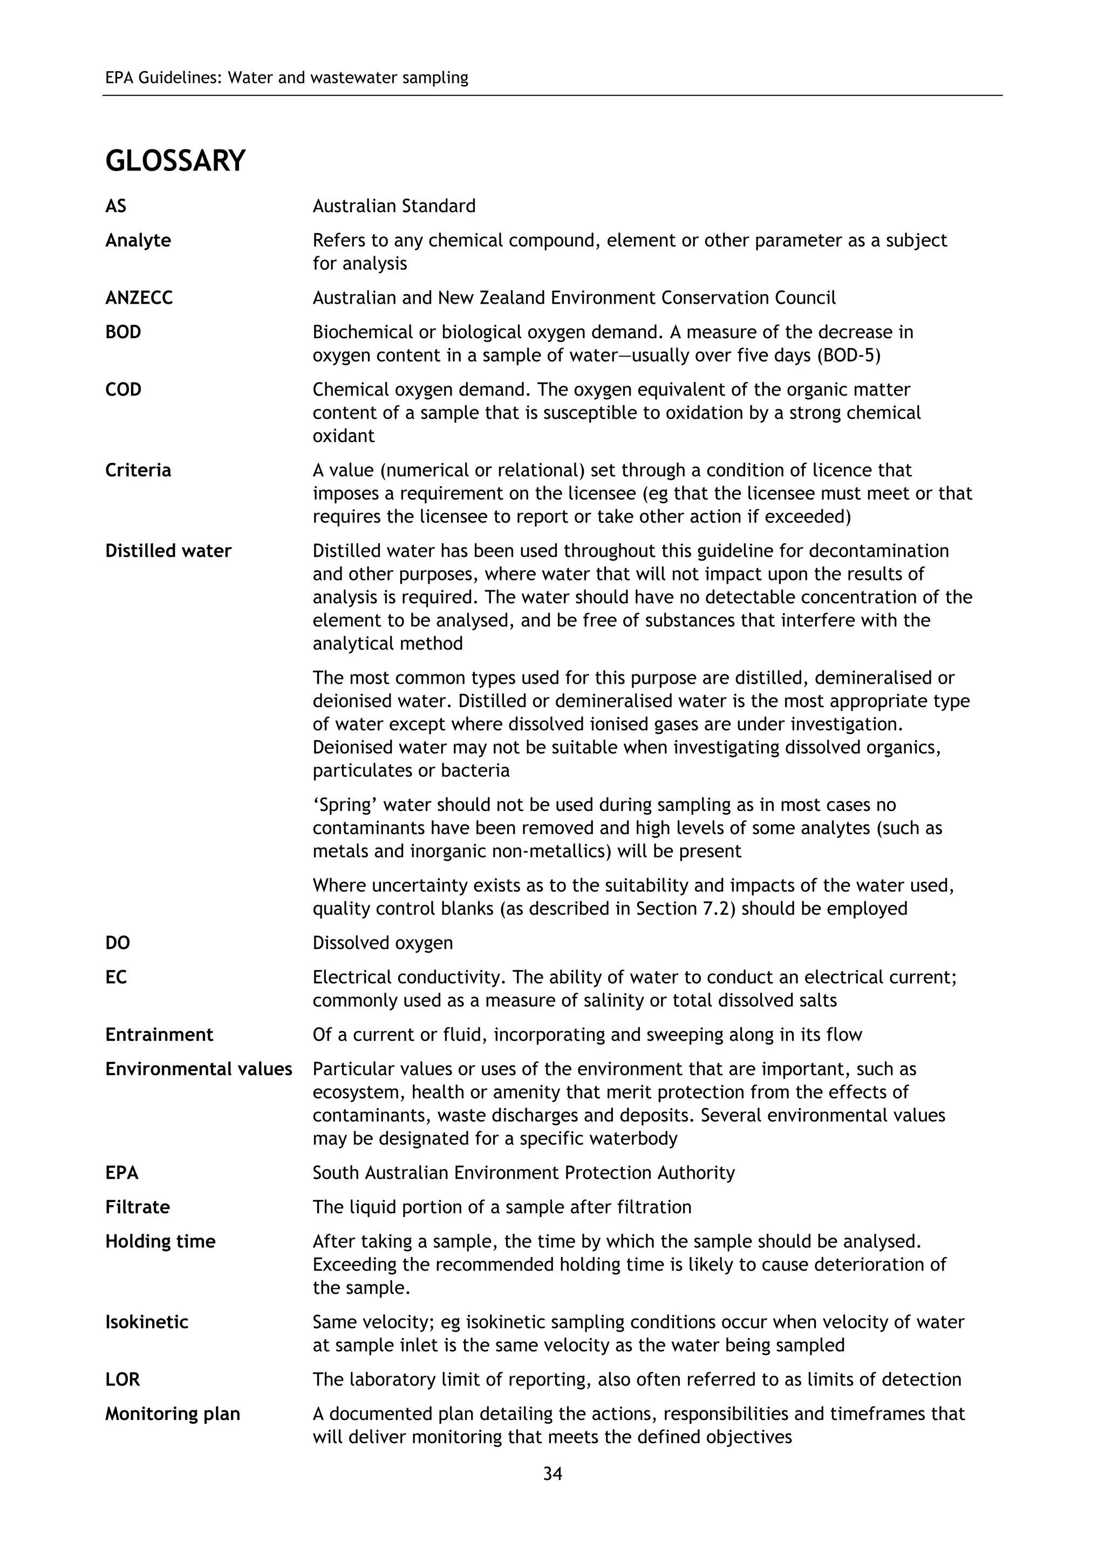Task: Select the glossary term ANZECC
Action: pos(139,298)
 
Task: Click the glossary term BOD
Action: pos(123,332)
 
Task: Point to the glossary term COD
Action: pos(123,390)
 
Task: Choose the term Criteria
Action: pos(138,470)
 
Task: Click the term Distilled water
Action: pos(168,551)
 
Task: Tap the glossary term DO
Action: pos(118,943)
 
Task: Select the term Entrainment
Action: pos(159,1035)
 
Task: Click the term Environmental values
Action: pos(198,1069)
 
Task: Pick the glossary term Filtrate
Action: pos(138,1207)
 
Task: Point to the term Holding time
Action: pos(160,1241)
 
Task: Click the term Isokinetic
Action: pos(146,1322)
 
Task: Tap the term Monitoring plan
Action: pos(172,1414)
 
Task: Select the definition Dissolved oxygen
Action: pos(383,943)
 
